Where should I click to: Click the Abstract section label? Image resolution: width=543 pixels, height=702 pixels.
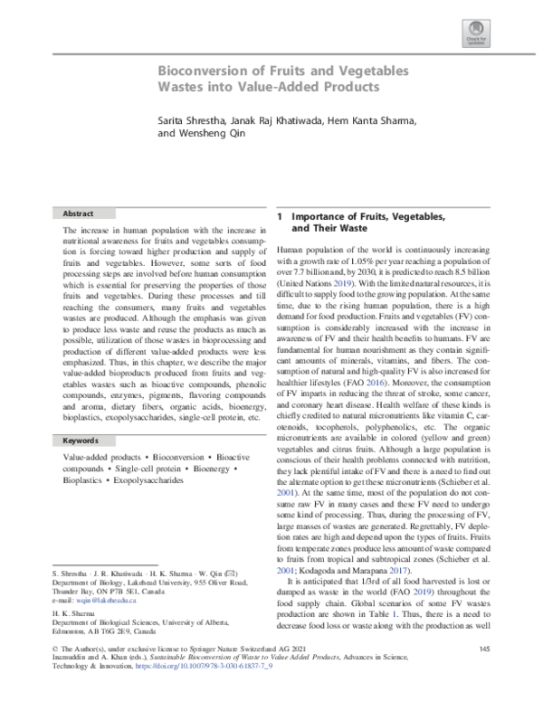pos(78,213)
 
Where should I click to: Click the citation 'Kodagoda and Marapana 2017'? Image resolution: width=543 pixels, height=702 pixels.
pos(357,570)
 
